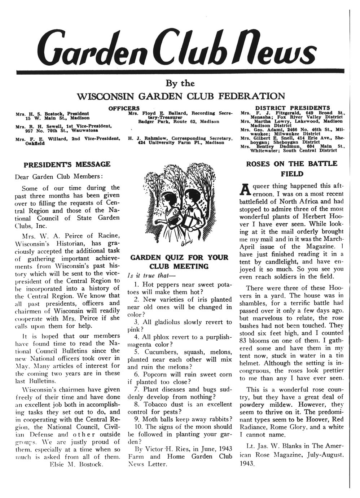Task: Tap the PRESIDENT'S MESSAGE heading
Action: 67,165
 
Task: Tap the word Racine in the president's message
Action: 107,236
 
